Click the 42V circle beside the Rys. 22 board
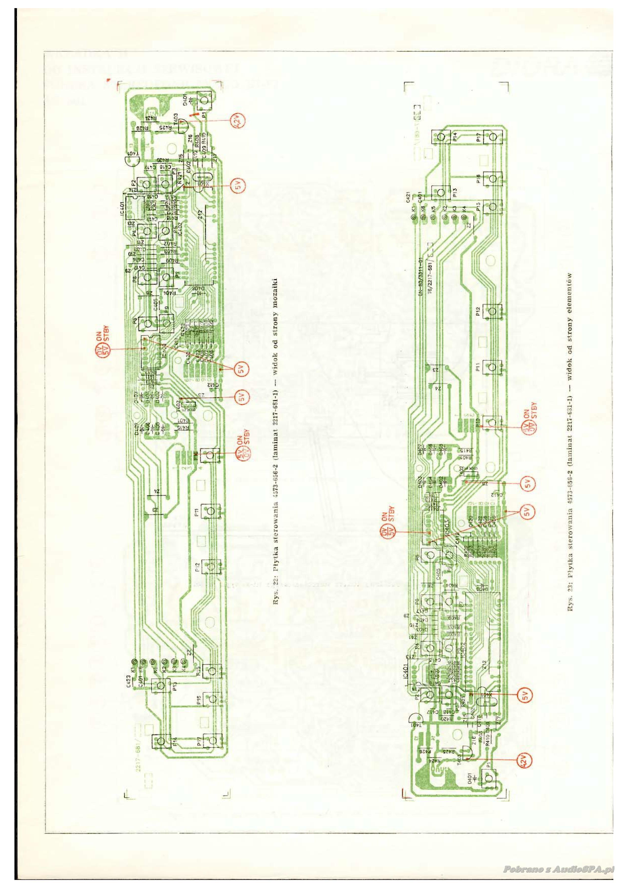coord(237,121)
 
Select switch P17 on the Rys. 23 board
coord(492,137)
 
